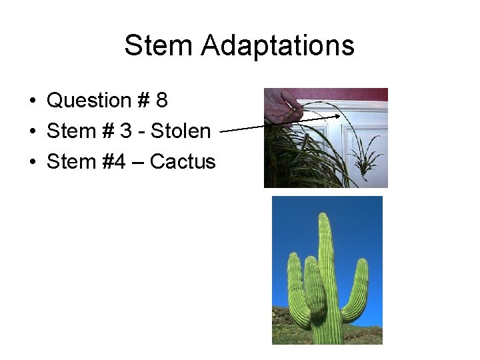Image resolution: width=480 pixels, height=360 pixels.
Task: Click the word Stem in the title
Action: (152, 45)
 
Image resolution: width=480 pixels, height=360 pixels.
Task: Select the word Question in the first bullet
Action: (89, 101)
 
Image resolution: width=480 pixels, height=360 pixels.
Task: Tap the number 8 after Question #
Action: (161, 101)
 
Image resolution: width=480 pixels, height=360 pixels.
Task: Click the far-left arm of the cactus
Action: (292, 280)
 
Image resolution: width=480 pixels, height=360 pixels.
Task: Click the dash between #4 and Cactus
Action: (138, 162)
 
